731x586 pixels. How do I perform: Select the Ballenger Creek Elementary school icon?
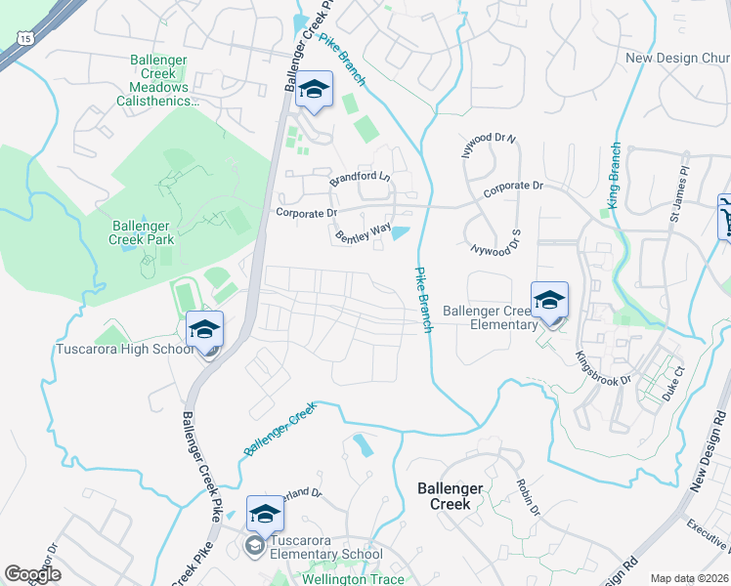tap(549, 301)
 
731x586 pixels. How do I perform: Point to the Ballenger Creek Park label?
tap(142, 232)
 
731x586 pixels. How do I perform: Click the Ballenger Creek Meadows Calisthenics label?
tap(158, 80)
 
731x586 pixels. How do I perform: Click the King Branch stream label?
tap(614, 176)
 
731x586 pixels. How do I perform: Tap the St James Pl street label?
tap(681, 184)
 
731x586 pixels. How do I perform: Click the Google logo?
tap(32, 574)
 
